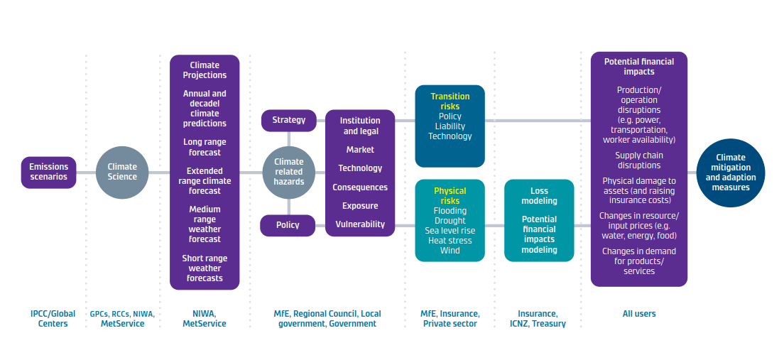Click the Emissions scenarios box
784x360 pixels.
(48, 172)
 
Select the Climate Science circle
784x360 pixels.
(122, 172)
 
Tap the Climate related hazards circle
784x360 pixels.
(288, 172)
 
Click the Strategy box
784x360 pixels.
(288, 120)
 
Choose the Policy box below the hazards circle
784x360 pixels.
(288, 225)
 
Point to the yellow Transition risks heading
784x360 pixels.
(450, 102)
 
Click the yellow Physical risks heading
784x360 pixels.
(450, 196)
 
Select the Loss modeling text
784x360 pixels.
(540, 196)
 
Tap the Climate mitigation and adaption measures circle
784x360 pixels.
(731, 173)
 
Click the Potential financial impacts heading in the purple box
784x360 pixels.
(639, 67)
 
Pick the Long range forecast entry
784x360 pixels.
(205, 147)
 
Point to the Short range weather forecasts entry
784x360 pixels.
(205, 268)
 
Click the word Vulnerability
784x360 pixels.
(360, 224)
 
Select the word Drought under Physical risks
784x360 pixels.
(450, 221)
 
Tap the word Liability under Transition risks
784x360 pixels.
(450, 126)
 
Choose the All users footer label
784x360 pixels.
(639, 313)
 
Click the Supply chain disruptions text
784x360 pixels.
(639, 160)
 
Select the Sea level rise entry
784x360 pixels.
(450, 231)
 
